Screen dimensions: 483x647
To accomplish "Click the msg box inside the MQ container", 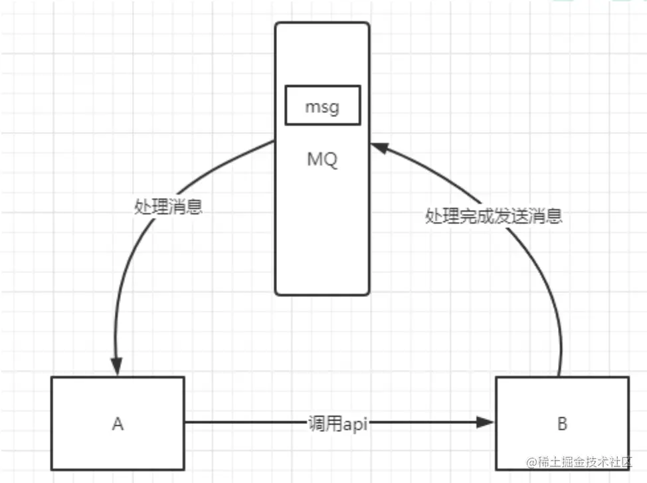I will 323,105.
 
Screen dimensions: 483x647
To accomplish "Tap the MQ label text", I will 322,160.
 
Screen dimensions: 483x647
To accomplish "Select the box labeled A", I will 118,423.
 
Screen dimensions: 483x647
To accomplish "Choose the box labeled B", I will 562,423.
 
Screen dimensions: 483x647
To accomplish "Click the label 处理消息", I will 168,207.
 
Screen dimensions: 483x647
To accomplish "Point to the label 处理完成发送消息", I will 494,216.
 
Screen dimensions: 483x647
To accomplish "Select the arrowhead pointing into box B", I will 487,422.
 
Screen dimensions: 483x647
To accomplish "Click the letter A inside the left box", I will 118,423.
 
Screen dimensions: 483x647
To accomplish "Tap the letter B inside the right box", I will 562,423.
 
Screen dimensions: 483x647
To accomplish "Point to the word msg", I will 322,107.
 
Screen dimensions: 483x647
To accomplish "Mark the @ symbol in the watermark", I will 531,462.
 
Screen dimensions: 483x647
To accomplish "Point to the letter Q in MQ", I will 330,160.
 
